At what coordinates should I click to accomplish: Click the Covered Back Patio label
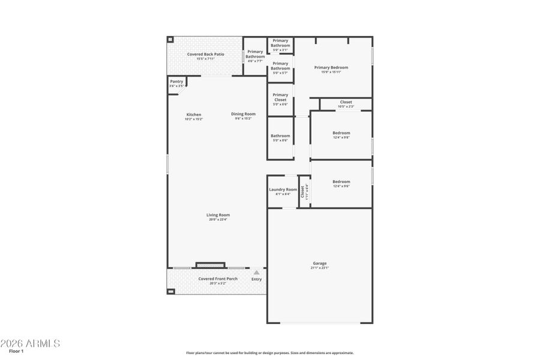coord(205,54)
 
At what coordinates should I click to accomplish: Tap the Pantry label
coord(176,82)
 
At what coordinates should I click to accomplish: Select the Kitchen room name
coord(193,115)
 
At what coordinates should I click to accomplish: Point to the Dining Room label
coord(243,114)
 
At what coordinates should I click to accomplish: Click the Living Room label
coord(218,215)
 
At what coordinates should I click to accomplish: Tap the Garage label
coord(319,263)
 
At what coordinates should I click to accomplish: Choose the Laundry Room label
coord(283,190)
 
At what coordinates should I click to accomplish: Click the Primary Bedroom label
coord(331,68)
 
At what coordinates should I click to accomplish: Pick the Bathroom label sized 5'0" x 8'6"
coord(280,136)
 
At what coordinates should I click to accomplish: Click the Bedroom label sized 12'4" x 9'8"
coord(341,133)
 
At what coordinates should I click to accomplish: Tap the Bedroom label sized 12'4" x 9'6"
coord(341,182)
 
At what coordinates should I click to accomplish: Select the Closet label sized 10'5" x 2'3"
coord(346,102)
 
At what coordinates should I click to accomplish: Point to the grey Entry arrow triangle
coord(256,272)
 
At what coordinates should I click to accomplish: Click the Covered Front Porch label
coord(218,278)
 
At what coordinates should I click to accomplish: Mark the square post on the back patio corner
coord(170,40)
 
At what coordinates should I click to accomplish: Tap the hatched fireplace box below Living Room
coord(210,265)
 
